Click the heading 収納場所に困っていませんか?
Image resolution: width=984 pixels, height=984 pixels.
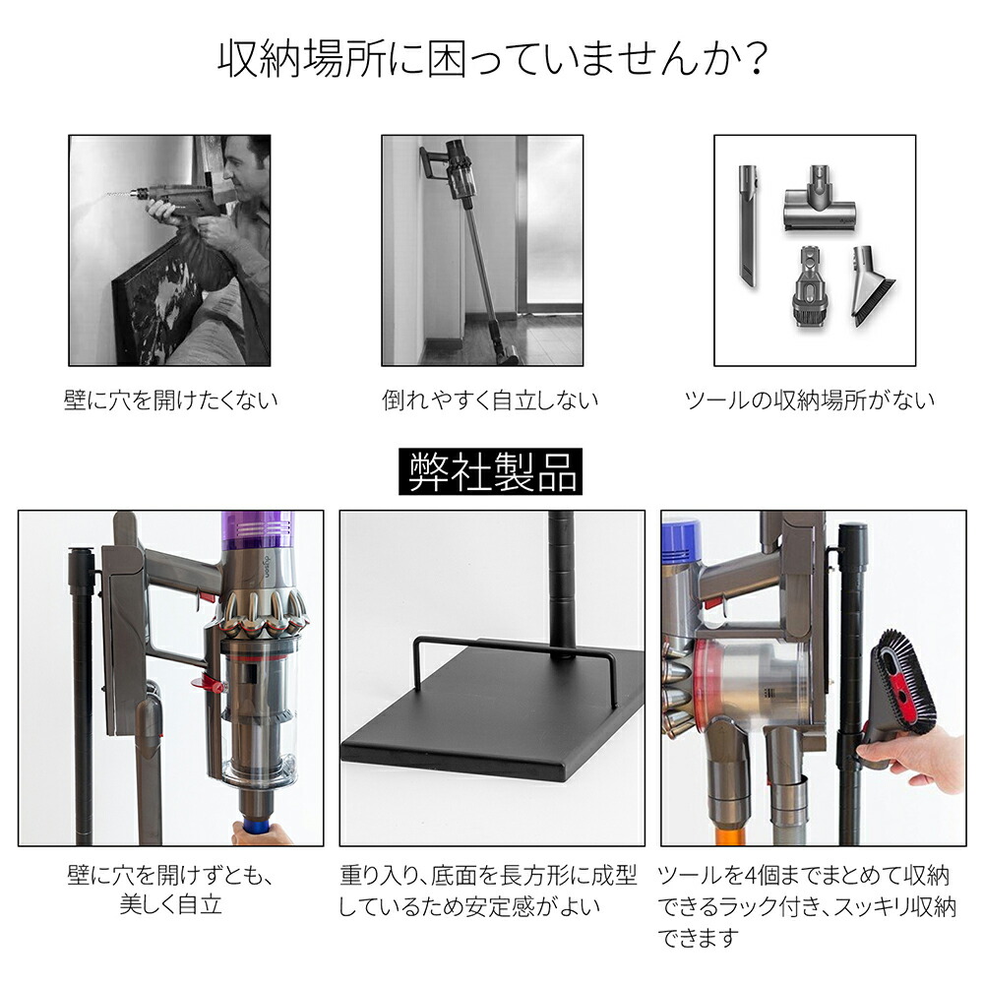tap(493, 60)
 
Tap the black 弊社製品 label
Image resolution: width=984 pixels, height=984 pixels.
tap(490, 471)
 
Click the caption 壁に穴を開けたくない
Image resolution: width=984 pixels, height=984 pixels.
tap(170, 400)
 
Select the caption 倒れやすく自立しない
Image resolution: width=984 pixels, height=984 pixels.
tap(489, 400)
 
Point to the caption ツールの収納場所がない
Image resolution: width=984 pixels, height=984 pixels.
tap(810, 400)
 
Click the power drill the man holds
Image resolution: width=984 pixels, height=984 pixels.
tap(169, 196)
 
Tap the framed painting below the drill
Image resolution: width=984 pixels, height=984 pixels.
tap(156, 301)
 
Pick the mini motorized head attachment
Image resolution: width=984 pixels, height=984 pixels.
tap(819, 201)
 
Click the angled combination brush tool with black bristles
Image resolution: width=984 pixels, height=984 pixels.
tap(869, 285)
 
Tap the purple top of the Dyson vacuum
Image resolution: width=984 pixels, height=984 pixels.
tap(257, 533)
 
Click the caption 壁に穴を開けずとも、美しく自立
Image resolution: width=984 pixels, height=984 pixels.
tap(170, 891)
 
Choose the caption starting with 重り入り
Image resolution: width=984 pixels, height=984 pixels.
tap(488, 891)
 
